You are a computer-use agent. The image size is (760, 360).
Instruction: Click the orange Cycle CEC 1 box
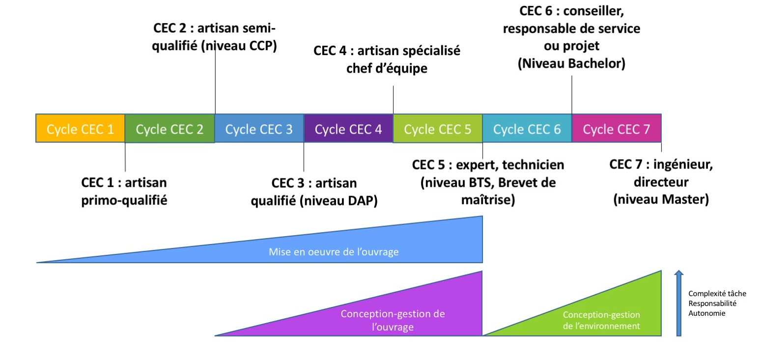pos(80,129)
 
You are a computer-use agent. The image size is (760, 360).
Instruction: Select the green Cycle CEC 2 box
pos(169,129)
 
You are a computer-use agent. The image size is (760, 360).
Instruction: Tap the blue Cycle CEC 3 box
pos(259,129)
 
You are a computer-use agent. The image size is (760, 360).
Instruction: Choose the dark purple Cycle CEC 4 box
pos(348,129)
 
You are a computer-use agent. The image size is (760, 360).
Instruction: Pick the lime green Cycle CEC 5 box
pos(438,129)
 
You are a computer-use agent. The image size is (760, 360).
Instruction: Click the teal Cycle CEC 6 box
pos(527,129)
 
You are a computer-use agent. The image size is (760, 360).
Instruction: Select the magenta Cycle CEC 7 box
pos(617,129)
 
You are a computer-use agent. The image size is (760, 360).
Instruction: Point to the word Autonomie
pos(706,312)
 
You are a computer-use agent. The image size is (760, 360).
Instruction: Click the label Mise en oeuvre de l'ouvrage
pos(334,252)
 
